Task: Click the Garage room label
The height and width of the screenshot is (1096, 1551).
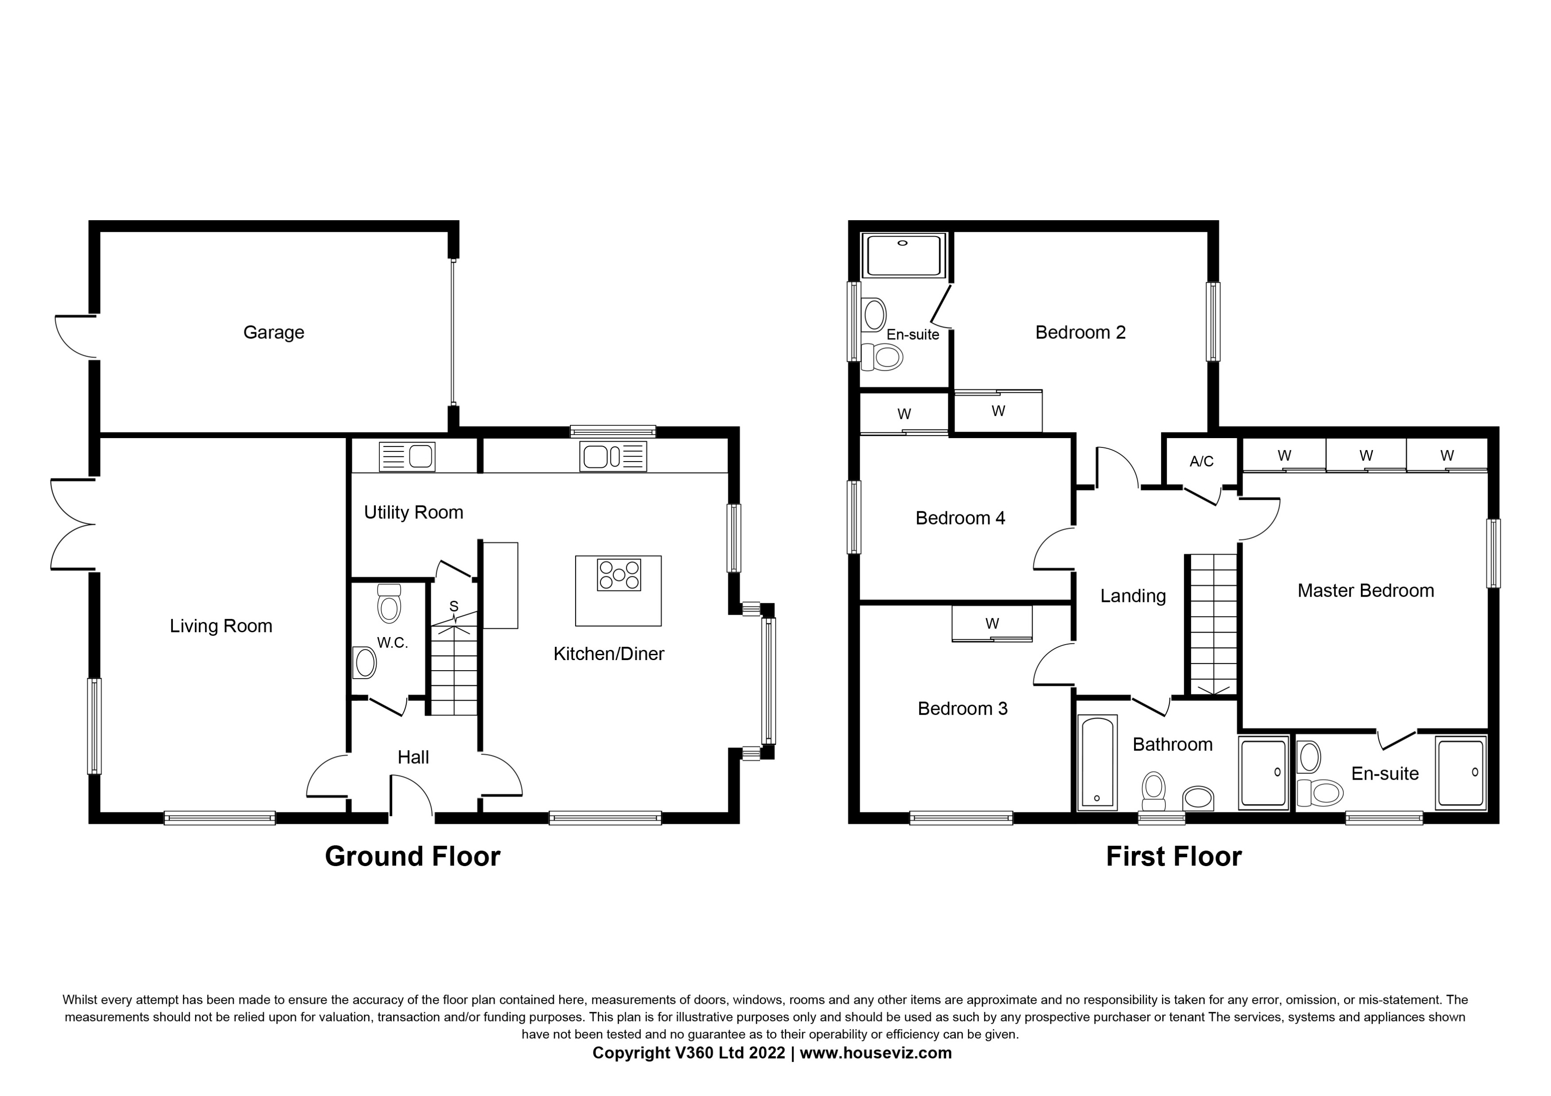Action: [273, 332]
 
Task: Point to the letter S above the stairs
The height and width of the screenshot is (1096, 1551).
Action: [454, 606]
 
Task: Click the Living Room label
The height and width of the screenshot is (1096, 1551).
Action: [221, 626]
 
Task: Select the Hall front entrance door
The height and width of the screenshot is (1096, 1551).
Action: [411, 797]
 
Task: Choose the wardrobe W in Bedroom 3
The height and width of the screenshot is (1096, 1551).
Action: [992, 623]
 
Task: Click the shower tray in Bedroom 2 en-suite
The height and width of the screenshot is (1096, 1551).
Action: [904, 255]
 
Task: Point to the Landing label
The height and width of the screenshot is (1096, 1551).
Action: [1133, 595]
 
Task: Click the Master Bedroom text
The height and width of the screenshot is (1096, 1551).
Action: [1365, 591]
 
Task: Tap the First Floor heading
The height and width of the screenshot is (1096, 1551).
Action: [1173, 857]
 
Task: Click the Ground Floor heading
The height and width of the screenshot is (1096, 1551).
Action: [412, 857]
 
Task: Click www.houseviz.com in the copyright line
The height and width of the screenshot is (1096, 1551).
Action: [876, 1053]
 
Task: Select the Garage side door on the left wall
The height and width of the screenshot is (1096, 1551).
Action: [74, 336]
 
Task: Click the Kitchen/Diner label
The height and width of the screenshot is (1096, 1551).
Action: [608, 654]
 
